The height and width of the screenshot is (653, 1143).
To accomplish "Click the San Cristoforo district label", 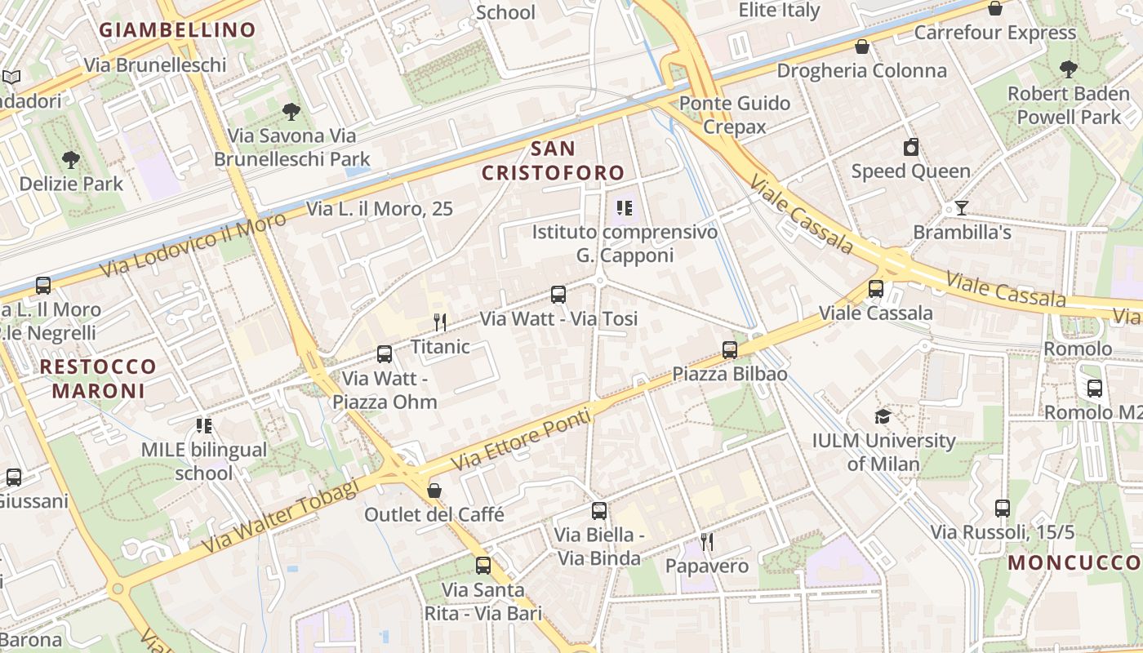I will [553, 161].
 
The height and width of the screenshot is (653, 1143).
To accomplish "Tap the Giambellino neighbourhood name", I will [177, 30].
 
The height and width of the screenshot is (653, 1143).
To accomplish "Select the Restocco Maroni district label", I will [98, 379].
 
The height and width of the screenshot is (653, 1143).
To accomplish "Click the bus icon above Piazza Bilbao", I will [730, 350].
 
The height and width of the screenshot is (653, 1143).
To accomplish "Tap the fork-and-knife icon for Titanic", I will [440, 322].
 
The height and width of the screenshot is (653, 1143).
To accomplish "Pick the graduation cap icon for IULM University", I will [883, 417].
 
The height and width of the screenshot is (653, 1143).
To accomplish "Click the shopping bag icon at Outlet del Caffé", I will [434, 491].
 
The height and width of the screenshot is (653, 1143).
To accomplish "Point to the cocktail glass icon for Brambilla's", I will [962, 208].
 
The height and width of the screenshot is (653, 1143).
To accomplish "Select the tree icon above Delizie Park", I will [71, 160].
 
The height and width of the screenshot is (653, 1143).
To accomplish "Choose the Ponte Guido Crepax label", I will [735, 114].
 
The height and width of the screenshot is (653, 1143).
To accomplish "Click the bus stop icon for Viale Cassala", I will [876, 288].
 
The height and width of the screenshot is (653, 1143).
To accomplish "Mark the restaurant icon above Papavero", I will [707, 541].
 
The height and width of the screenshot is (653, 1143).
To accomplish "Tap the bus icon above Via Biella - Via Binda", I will [599, 511].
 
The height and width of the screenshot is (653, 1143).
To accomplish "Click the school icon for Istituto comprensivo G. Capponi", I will [625, 208].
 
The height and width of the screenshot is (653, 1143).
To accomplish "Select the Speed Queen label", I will [910, 171].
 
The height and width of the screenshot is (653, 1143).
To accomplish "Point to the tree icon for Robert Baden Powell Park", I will [1067, 69].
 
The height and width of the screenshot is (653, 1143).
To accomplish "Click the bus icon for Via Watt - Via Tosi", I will [558, 295].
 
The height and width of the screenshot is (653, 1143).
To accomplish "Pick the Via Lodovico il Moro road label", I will [193, 243].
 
